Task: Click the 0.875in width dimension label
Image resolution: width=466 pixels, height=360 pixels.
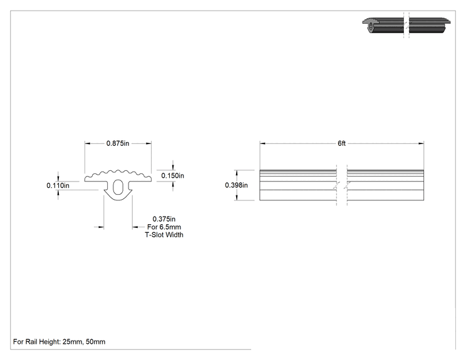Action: pyautogui.click(x=118, y=143)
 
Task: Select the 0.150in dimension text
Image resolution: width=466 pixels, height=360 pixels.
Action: pyautogui.click(x=172, y=175)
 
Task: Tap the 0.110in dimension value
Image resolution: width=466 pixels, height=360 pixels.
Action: pyautogui.click(x=58, y=186)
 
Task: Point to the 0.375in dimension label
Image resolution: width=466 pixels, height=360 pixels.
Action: pyautogui.click(x=164, y=219)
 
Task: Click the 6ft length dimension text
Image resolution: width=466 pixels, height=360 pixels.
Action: pyautogui.click(x=341, y=143)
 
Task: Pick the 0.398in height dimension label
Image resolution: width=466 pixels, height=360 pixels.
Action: pyautogui.click(x=236, y=185)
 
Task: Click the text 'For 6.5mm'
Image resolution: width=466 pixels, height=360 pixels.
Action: pyautogui.click(x=164, y=227)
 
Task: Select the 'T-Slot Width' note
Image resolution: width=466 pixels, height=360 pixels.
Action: pyautogui.click(x=164, y=235)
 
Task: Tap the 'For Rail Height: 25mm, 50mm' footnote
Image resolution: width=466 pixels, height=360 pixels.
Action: pyautogui.click(x=59, y=342)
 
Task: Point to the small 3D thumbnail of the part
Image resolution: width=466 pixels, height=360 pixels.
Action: pyautogui.click(x=406, y=25)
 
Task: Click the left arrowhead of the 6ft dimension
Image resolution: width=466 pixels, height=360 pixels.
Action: pyautogui.click(x=262, y=143)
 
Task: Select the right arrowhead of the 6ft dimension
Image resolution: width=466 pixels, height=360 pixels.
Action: pyautogui.click(x=421, y=143)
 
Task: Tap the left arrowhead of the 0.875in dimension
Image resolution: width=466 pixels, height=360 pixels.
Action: pyautogui.click(x=88, y=143)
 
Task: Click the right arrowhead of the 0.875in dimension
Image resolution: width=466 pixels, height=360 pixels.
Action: pyautogui.click(x=148, y=143)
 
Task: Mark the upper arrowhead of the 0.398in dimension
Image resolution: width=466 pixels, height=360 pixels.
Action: pyautogui.click(x=237, y=173)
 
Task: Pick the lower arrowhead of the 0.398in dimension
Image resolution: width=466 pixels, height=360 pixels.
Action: pyautogui.click(x=237, y=197)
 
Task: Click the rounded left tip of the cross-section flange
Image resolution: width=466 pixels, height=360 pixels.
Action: pyautogui.click(x=86, y=179)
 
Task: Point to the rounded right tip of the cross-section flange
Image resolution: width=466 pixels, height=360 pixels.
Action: pyautogui.click(x=150, y=179)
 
